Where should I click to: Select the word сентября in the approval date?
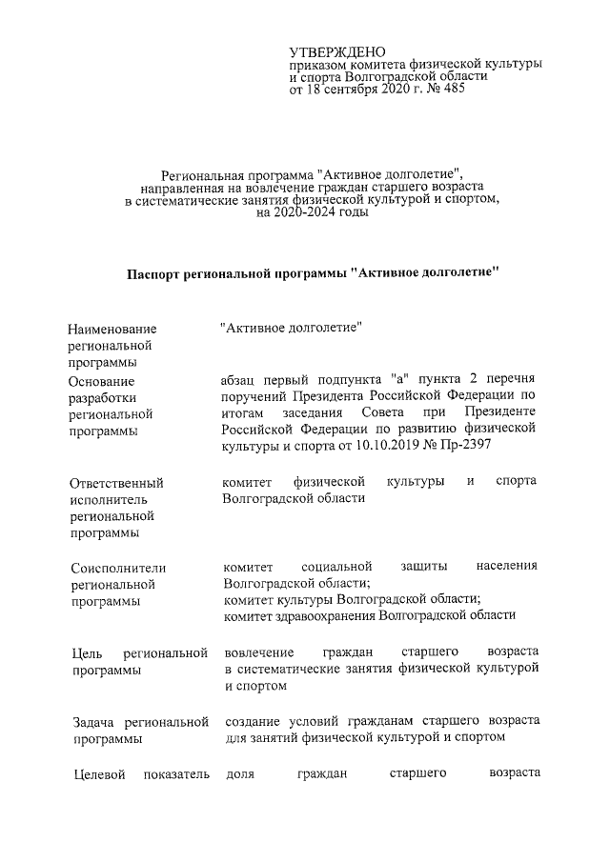pos(354,90)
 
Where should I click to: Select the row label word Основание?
pos(102,381)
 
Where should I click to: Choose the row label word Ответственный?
pos(115,483)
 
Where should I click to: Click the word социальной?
pos(336,566)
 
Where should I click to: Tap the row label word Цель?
pos(86,653)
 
